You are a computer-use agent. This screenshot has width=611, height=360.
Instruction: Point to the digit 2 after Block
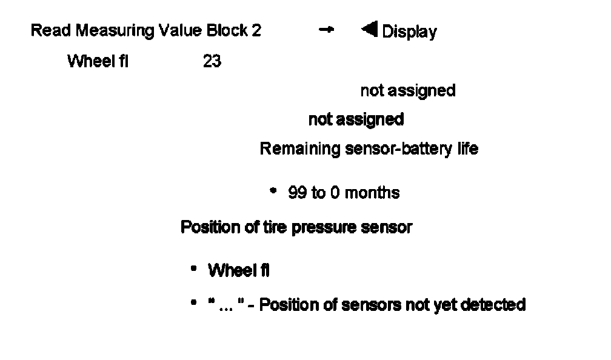click(x=256, y=31)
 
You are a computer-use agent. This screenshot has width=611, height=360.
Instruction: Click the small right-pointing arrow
click(x=326, y=29)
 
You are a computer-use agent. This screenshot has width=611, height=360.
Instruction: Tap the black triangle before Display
click(x=369, y=29)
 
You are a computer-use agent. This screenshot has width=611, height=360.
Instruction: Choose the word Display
click(x=409, y=32)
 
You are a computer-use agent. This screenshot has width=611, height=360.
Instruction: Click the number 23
click(x=212, y=61)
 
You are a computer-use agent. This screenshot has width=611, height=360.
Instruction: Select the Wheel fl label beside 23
click(x=98, y=61)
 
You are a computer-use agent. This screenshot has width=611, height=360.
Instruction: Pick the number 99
click(x=297, y=193)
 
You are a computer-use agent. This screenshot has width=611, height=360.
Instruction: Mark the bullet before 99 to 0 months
click(x=273, y=191)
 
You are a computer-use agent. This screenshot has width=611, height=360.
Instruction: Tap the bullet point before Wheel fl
click(x=193, y=268)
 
